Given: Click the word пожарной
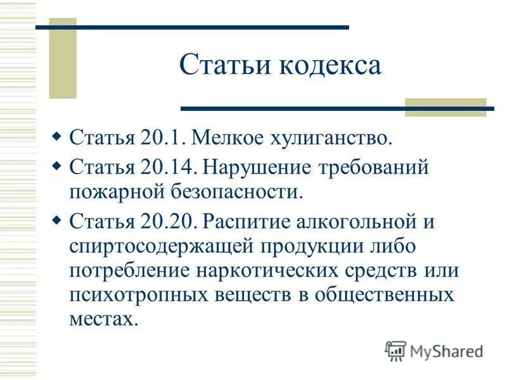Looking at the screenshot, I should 110,190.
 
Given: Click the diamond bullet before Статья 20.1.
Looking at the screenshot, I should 56,136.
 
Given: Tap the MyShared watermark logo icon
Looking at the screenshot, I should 395,350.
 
